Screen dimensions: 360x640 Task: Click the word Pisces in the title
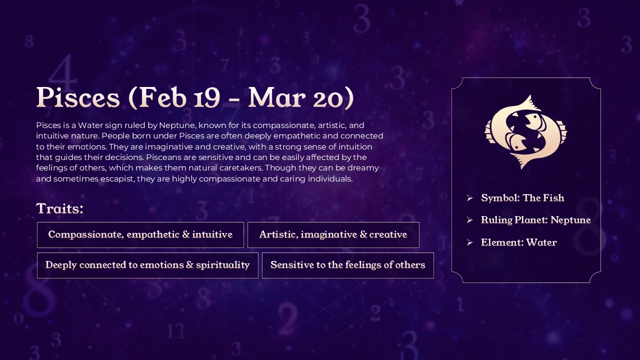click(x=78, y=98)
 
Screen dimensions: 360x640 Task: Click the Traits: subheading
click(x=59, y=208)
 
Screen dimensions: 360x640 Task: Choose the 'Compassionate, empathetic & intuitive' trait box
click(x=140, y=235)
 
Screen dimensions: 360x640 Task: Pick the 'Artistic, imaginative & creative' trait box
click(x=333, y=235)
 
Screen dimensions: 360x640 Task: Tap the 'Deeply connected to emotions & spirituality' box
click(x=147, y=265)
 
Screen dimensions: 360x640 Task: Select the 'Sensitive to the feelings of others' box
click(x=347, y=265)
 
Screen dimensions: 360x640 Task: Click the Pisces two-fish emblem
click(x=526, y=131)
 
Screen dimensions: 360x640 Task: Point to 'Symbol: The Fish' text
click(x=522, y=198)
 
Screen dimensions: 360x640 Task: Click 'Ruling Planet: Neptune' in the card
click(x=535, y=220)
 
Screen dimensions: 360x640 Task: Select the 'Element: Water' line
click(x=518, y=242)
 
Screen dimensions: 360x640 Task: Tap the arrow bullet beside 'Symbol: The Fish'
click(x=469, y=198)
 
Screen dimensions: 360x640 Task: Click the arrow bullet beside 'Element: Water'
click(x=469, y=242)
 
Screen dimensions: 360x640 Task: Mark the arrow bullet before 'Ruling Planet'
click(x=469, y=220)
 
